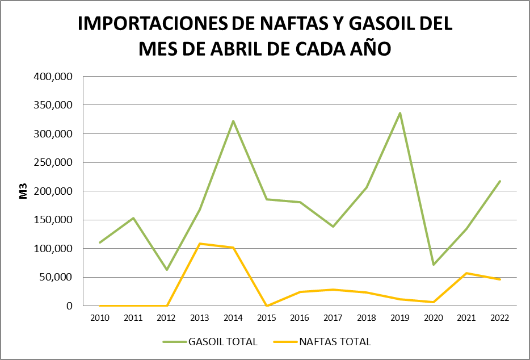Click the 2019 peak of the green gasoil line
click(400, 113)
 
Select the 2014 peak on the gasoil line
click(233, 121)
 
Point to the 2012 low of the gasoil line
click(167, 270)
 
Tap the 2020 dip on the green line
click(434, 265)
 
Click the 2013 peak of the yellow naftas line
click(200, 244)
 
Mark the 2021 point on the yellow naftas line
click(466, 273)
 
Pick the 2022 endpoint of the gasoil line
click(500, 181)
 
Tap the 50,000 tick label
click(58, 277)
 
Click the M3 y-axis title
click(24, 191)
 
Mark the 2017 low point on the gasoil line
click(333, 227)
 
